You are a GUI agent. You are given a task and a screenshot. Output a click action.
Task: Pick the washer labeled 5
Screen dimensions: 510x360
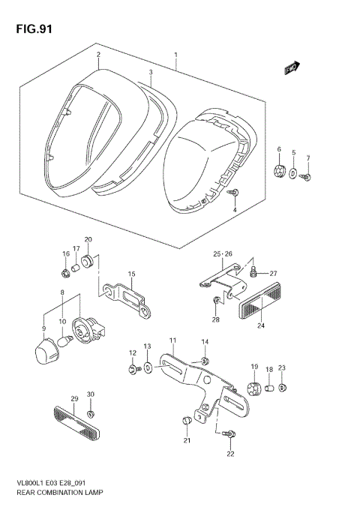tap(294, 175)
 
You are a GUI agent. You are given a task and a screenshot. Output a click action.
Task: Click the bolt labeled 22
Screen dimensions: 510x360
tap(230, 434)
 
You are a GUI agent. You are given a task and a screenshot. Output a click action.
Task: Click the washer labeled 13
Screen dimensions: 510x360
tap(148, 367)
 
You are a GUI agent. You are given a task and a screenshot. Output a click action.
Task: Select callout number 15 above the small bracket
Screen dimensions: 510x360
tap(130, 274)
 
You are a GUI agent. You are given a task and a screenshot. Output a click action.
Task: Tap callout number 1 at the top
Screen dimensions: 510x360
tap(175, 55)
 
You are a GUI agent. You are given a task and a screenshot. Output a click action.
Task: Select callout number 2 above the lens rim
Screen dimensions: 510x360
tap(97, 55)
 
